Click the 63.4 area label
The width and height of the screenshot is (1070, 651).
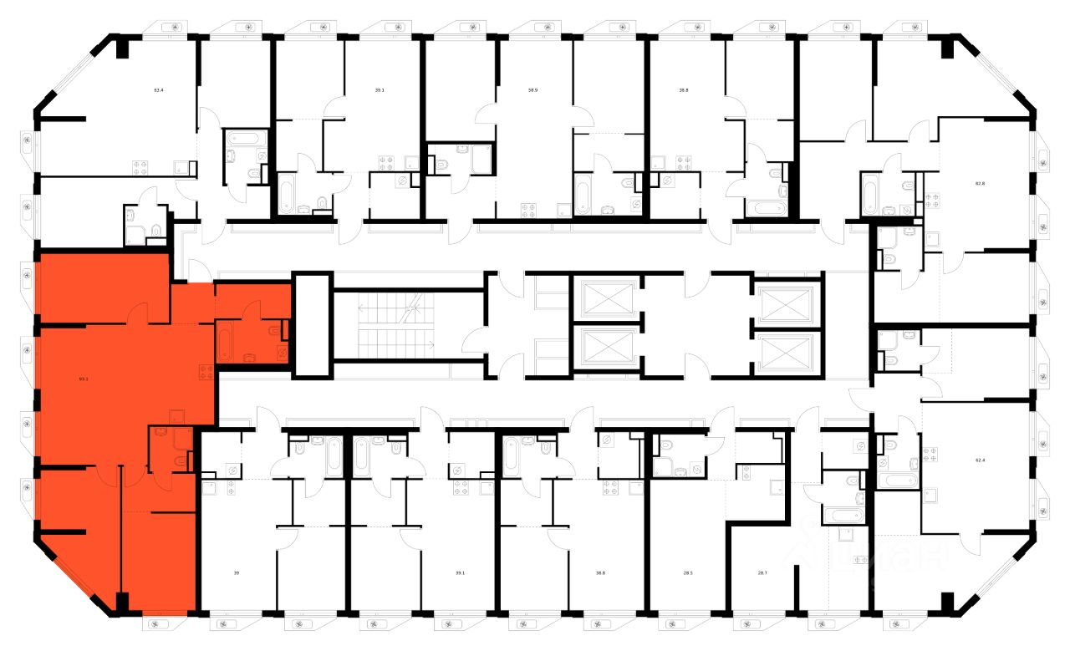tap(158, 87)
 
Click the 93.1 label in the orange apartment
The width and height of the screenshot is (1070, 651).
tap(83, 379)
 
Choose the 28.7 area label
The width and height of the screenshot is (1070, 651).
tap(762, 572)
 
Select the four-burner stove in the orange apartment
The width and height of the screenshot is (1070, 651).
tap(206, 372)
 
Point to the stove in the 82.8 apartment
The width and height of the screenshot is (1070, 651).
tap(931, 200)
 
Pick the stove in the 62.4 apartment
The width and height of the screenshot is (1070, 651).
tap(931, 456)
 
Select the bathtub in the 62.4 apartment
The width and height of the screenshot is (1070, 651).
tap(899, 482)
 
